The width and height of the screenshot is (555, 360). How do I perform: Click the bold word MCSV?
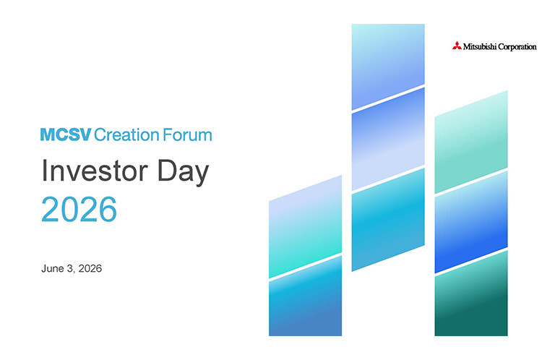click(x=66, y=135)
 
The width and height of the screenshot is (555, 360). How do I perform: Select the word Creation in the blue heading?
click(x=126, y=135)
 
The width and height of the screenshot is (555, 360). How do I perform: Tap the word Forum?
click(x=187, y=135)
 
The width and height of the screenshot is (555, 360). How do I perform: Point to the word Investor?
click(x=95, y=171)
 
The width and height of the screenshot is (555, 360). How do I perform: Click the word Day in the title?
click(x=183, y=173)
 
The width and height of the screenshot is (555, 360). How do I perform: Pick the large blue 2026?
click(x=79, y=209)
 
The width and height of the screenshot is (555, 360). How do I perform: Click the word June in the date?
click(x=53, y=268)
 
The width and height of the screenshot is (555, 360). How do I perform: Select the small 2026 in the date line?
click(x=90, y=268)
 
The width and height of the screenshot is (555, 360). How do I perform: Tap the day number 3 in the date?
click(x=70, y=268)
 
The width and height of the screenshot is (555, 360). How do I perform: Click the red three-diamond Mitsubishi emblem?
click(x=457, y=46)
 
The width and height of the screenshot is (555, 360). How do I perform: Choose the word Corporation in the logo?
click(x=517, y=47)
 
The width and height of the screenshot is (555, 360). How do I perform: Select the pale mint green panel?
click(x=471, y=142)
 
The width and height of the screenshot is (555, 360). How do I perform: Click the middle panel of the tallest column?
click(x=388, y=139)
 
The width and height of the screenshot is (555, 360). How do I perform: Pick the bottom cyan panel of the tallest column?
click(x=388, y=220)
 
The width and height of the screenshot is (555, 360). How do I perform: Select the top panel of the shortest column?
click(x=305, y=226)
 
